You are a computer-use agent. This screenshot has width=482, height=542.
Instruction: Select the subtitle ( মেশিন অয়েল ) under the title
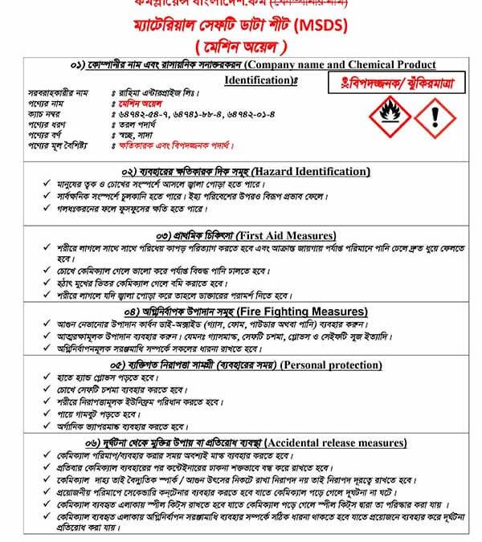coord(240,47)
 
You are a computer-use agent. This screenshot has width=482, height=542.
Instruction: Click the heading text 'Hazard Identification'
coord(310,172)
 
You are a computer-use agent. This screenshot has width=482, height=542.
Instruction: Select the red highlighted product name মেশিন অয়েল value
coord(135,104)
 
